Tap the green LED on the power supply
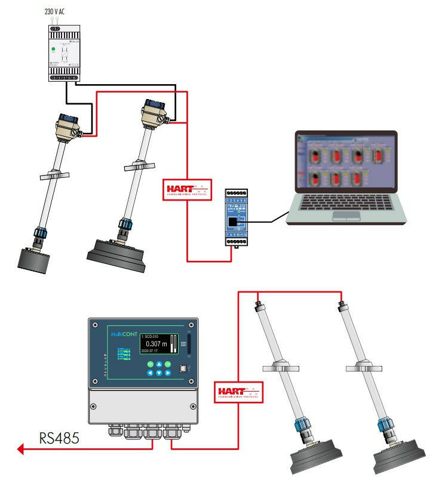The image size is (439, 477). [x=53, y=50]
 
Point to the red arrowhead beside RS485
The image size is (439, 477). [x=22, y=450]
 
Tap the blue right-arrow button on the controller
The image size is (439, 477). [x=168, y=373]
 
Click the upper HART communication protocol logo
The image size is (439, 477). [x=187, y=189]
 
